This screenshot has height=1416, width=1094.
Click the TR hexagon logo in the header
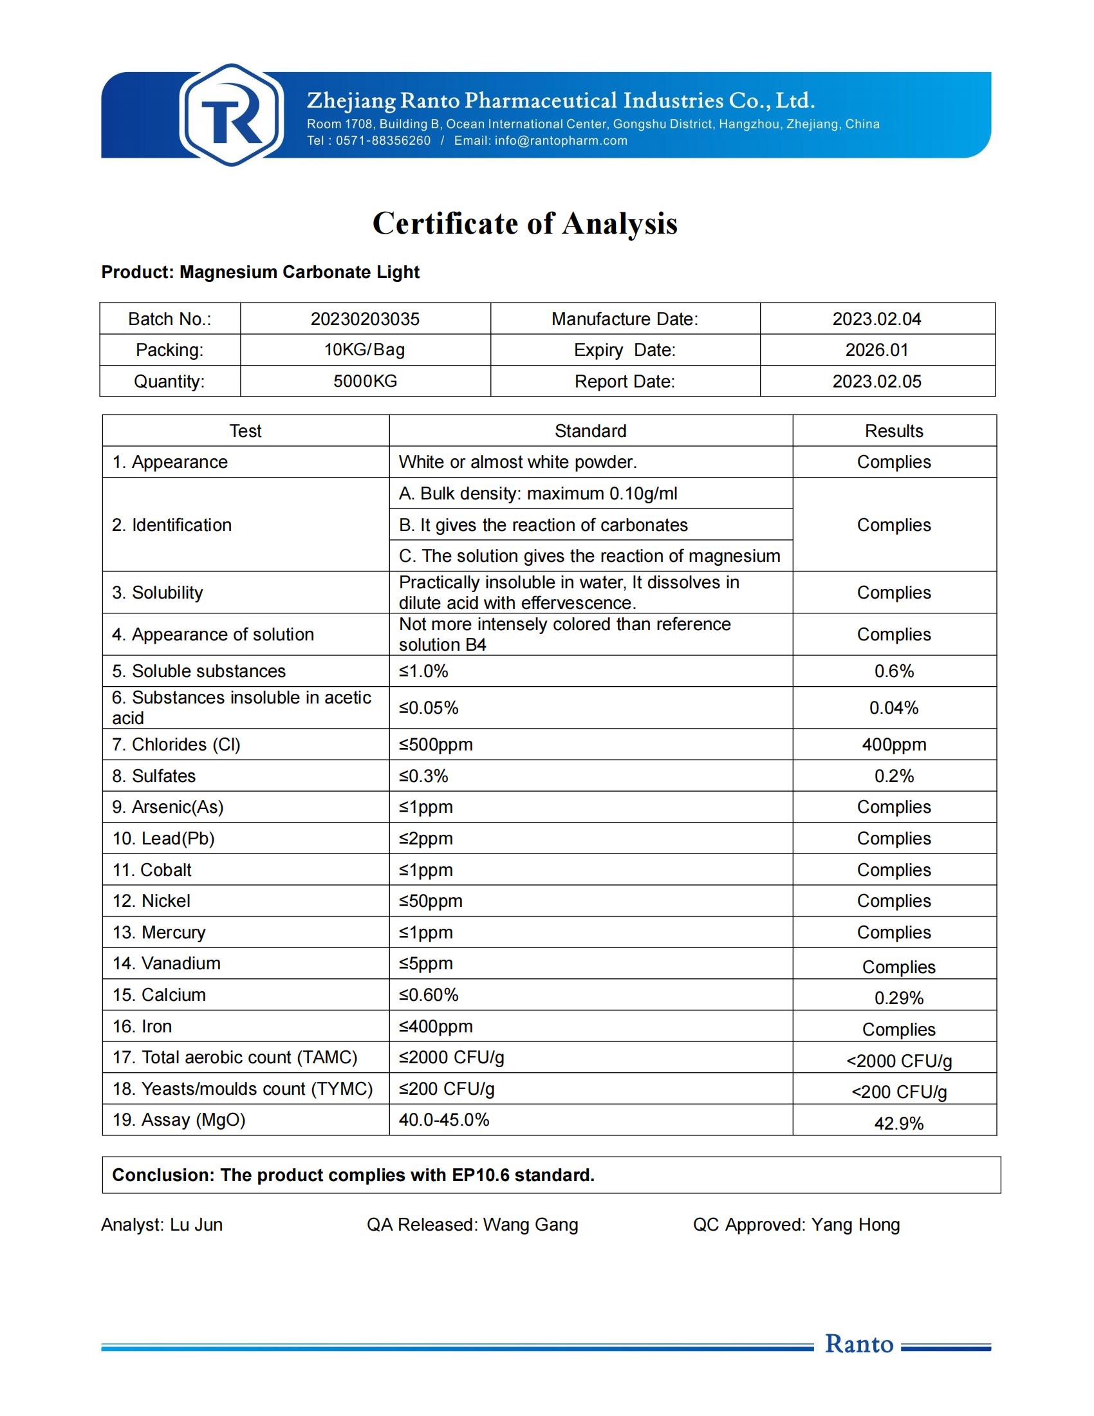click(x=232, y=115)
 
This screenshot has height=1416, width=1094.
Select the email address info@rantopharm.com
click(x=561, y=141)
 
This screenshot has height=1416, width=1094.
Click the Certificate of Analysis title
click(x=525, y=224)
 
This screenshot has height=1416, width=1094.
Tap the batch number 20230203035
click(x=365, y=319)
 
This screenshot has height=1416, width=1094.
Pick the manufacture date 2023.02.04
click(x=877, y=319)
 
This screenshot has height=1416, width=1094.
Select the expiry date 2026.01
click(x=877, y=350)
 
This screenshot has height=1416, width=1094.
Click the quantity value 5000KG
click(x=365, y=381)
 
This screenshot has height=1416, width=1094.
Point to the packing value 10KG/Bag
click(x=365, y=350)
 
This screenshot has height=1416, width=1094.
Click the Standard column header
click(x=590, y=431)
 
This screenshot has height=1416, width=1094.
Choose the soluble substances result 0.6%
click(x=894, y=671)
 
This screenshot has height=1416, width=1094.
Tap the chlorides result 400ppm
click(x=894, y=744)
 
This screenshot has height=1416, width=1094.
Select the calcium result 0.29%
click(x=898, y=998)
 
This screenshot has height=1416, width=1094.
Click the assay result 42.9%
click(x=898, y=1124)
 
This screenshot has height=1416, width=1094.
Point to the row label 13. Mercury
click(x=159, y=933)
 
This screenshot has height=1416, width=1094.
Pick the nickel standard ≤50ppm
click(x=431, y=901)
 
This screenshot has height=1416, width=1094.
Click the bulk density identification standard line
click(x=538, y=494)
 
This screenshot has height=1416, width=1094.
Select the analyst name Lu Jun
click(x=196, y=1225)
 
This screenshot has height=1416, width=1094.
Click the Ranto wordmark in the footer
click(x=858, y=1344)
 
